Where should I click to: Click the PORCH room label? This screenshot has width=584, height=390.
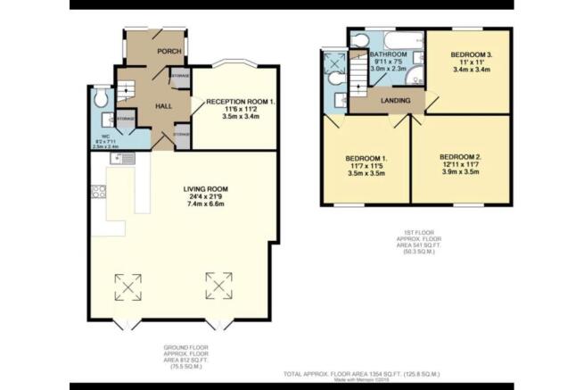[x=169, y=51]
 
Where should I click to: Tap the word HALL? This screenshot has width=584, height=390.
[x=164, y=106]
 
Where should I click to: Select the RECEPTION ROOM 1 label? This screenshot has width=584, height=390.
[x=241, y=102]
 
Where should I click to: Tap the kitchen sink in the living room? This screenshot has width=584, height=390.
[x=121, y=158]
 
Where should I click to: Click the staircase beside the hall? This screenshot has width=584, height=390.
[x=126, y=87]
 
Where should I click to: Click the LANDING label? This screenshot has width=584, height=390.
[x=395, y=100]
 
